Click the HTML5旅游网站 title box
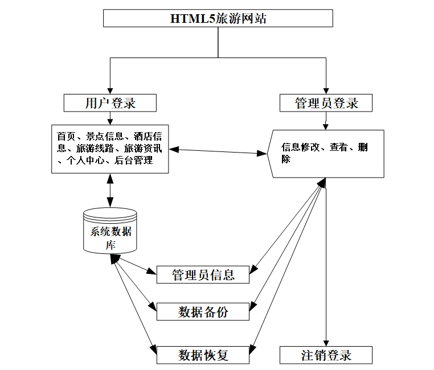pos(218,18)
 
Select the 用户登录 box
pos(110,103)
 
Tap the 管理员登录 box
pos(326,103)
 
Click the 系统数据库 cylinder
pos(110,231)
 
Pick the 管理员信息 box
pos(203,275)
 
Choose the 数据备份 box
pos(203,311)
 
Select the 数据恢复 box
pos(203,355)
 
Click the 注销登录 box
pos(326,355)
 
